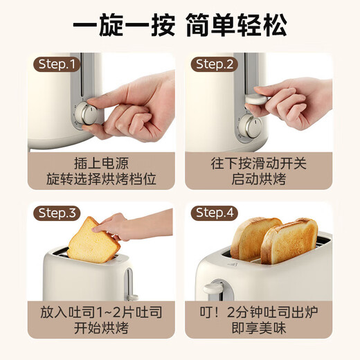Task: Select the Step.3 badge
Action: click(58, 213)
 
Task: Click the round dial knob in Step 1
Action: click(88, 114)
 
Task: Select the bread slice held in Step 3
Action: click(92, 240)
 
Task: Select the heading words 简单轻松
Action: click(236, 26)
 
